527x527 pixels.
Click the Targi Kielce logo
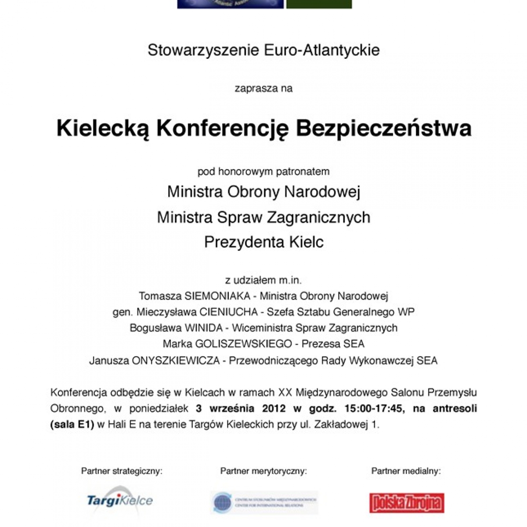pos(120,501)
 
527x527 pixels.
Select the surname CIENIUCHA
pos(228,312)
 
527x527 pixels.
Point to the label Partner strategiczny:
pos(122,471)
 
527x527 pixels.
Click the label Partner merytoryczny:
pos(263,471)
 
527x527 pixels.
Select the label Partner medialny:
pos(406,471)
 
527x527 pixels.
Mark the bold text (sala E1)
pos(72,425)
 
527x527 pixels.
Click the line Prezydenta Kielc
pos(263,242)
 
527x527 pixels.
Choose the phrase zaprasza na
pos(263,88)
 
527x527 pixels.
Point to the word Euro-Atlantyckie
pos(322,50)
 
